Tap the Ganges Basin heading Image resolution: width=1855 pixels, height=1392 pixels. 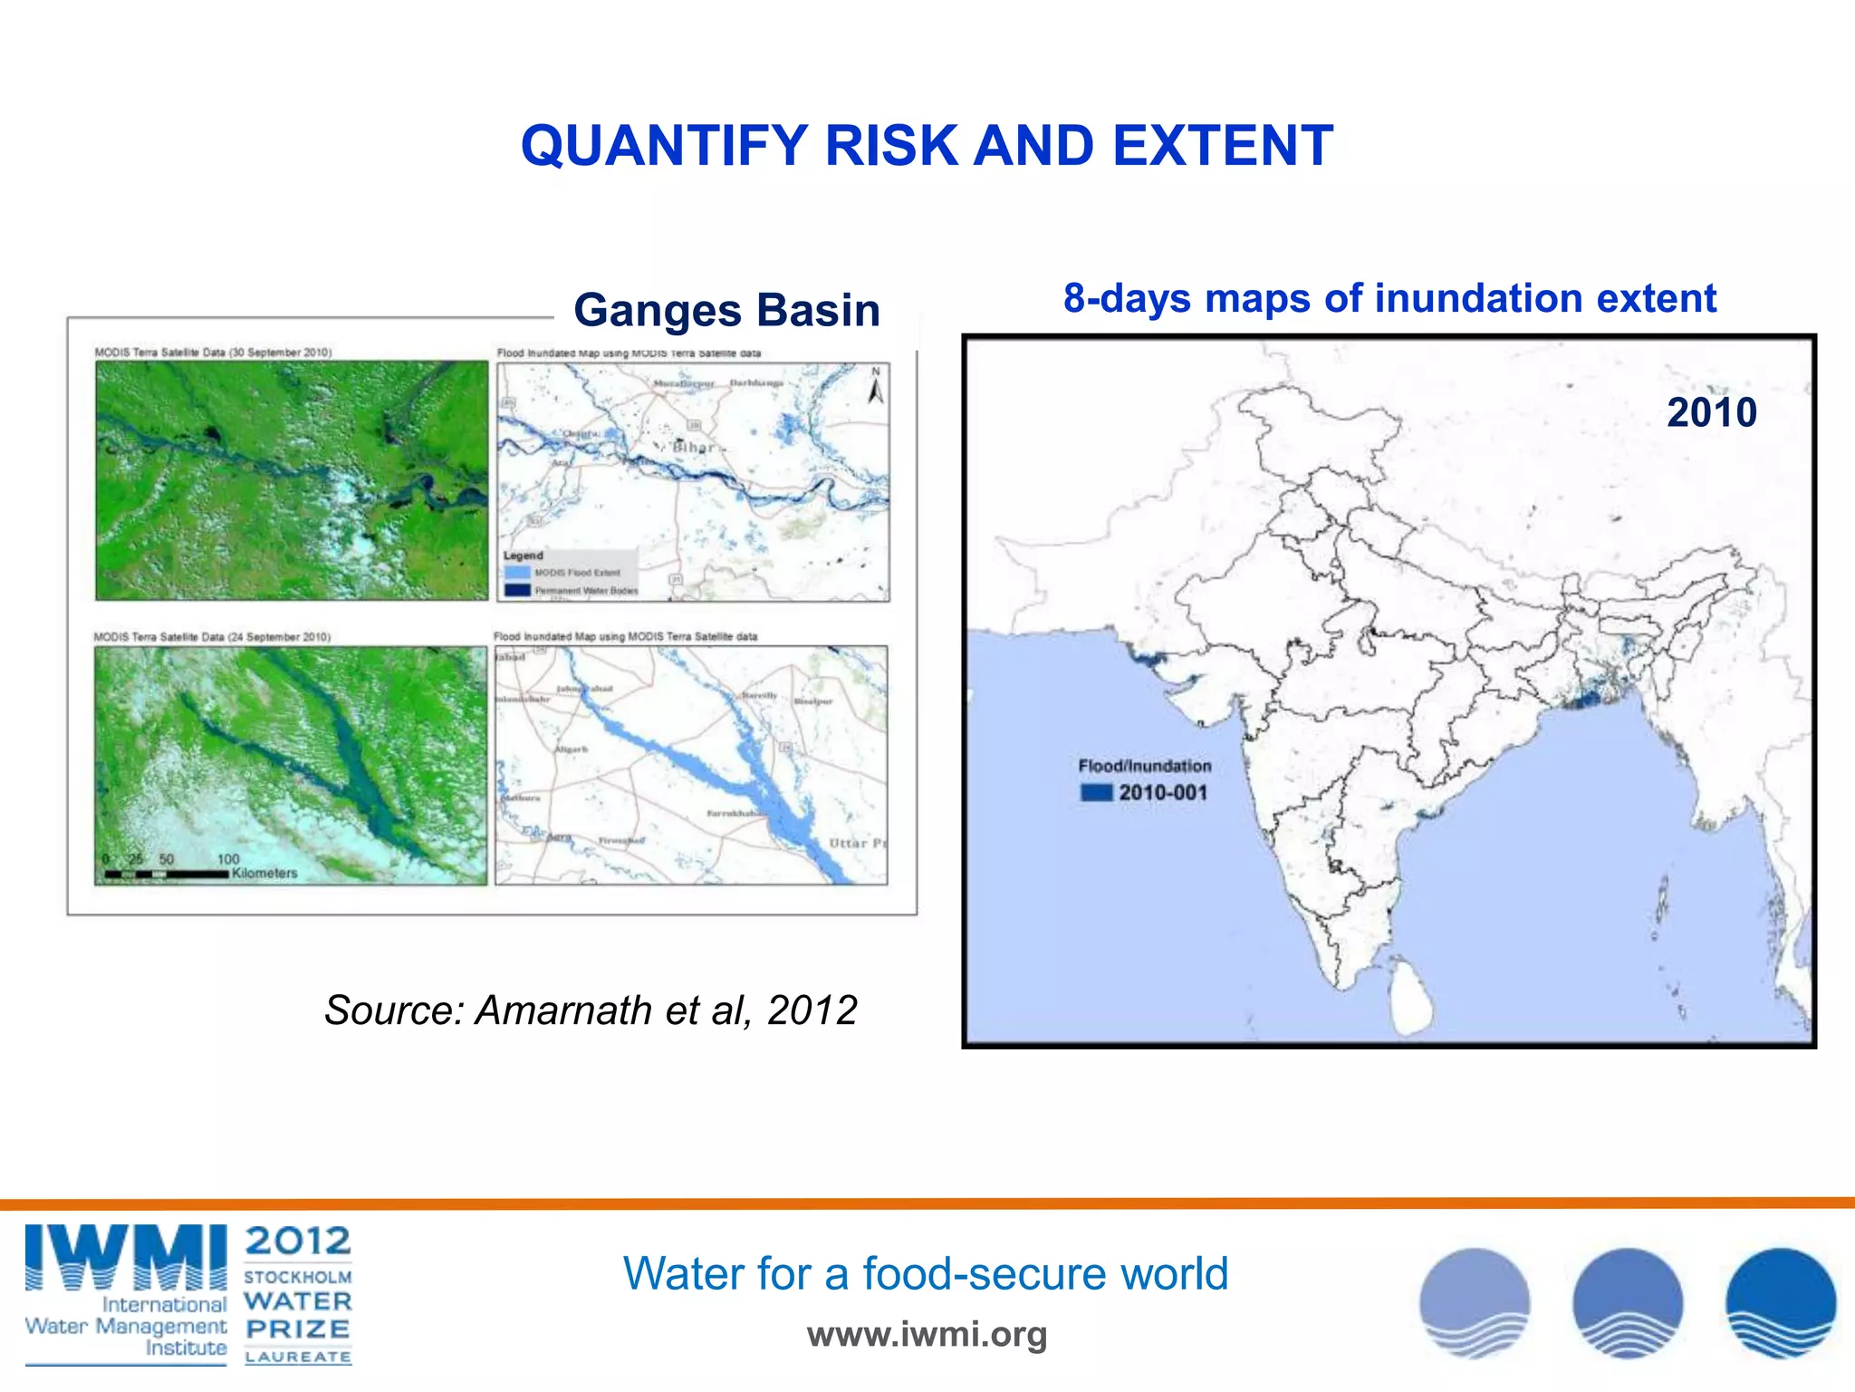(726, 310)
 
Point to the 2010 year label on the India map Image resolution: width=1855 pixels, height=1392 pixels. (1711, 412)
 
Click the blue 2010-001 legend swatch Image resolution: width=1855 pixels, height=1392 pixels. (1096, 793)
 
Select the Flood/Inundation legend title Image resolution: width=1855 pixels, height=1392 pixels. (1144, 766)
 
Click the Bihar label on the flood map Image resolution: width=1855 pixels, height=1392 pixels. (693, 448)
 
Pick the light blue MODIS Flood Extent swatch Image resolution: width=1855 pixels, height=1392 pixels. (516, 573)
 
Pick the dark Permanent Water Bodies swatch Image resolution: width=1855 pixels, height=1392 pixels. (516, 591)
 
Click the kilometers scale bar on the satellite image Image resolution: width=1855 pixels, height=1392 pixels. (167, 874)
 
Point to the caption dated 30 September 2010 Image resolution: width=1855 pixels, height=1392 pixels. (213, 352)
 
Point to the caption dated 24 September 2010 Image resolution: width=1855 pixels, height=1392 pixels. (212, 637)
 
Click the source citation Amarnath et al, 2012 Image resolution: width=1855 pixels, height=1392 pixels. (591, 1010)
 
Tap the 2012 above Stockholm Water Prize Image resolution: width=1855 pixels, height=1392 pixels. (297, 1241)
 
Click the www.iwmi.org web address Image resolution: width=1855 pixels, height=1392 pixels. (927, 1334)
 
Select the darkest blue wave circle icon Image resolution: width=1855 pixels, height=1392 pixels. (1780, 1302)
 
